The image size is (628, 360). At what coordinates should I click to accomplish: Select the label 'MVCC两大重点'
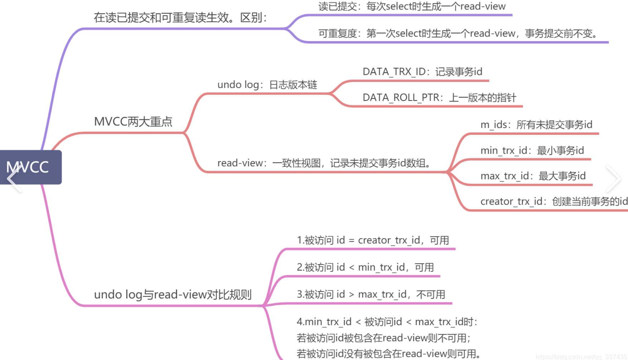pyautogui.click(x=133, y=122)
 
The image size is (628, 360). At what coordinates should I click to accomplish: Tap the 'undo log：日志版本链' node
pyautogui.click(x=267, y=85)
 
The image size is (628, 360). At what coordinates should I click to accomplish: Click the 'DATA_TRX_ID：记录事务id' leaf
pyautogui.click(x=422, y=72)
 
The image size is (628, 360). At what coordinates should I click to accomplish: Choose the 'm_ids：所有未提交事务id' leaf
pyautogui.click(x=536, y=125)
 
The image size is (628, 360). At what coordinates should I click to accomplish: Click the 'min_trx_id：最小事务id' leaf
pyautogui.click(x=532, y=150)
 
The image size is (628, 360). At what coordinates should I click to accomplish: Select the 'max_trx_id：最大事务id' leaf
pyautogui.click(x=533, y=176)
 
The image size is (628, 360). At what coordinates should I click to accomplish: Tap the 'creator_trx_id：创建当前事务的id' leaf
pyautogui.click(x=554, y=201)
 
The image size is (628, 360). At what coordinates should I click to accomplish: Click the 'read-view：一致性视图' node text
pyautogui.click(x=324, y=163)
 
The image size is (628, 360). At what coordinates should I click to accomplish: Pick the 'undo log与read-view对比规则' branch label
pyautogui.click(x=173, y=295)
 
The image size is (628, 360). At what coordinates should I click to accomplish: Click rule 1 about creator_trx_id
pyautogui.click(x=373, y=240)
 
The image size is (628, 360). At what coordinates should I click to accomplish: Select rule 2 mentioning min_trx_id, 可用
pyautogui.click(x=365, y=267)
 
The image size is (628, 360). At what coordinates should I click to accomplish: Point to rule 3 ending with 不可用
pyautogui.click(x=371, y=295)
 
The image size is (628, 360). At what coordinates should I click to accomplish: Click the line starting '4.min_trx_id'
pyautogui.click(x=387, y=322)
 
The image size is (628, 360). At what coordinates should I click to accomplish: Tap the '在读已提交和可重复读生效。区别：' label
pyautogui.click(x=180, y=18)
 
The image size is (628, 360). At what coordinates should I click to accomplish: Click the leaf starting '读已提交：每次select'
pyautogui.click(x=412, y=6)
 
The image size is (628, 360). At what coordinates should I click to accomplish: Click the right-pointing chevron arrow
pyautogui.click(x=613, y=179)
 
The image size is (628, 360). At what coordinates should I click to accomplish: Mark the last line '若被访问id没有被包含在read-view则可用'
pyautogui.click(x=388, y=354)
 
